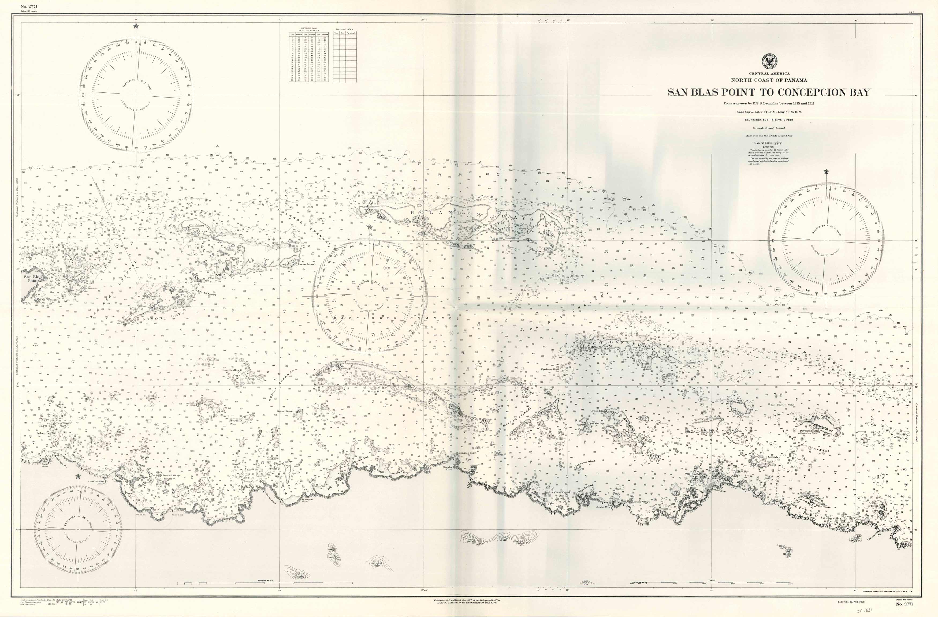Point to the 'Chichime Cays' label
[x=196, y=228]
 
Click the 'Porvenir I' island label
[x=87, y=283]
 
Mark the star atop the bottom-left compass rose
[x=78, y=476]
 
